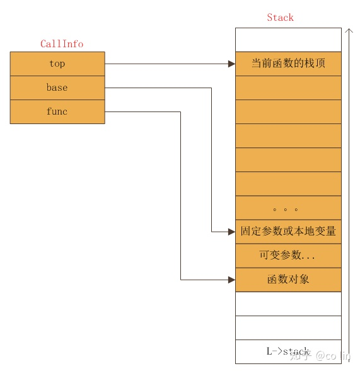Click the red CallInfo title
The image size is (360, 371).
coord(62,44)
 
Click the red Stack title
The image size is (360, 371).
coord(280,18)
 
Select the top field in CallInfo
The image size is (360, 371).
coord(57,64)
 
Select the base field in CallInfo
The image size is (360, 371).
coord(57,88)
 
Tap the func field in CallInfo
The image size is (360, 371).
coord(57,111)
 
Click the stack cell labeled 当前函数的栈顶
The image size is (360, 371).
coord(288,64)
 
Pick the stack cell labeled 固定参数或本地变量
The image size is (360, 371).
coord(288,231)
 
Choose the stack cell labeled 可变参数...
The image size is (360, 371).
coord(288,255)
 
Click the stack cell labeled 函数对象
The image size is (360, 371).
coord(288,279)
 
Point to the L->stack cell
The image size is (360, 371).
coord(288,351)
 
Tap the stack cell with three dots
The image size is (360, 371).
coord(288,207)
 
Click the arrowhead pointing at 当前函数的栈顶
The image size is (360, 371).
coord(231,64)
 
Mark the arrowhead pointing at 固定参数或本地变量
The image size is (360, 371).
coord(231,231)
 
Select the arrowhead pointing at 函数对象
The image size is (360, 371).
coord(231,279)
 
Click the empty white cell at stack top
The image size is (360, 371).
coord(288,40)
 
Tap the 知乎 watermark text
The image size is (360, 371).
coord(300,356)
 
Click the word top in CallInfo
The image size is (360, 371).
coord(57,64)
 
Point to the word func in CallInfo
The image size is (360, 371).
coord(57,111)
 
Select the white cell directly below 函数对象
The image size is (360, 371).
coord(288,303)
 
